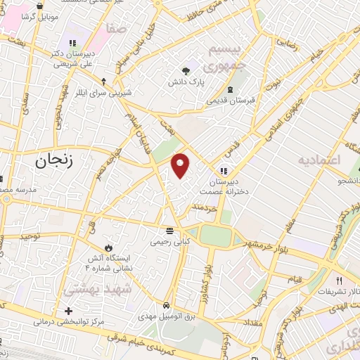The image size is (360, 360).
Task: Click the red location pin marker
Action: pyautogui.click(x=181, y=165)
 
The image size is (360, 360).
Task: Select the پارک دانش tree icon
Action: pyautogui.click(x=186, y=70)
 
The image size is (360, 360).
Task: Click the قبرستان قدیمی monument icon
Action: pyautogui.click(x=231, y=89)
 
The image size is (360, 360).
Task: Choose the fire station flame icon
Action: pyautogui.click(x=108, y=247)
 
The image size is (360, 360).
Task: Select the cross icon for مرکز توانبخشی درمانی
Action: pyautogui.click(x=68, y=311)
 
